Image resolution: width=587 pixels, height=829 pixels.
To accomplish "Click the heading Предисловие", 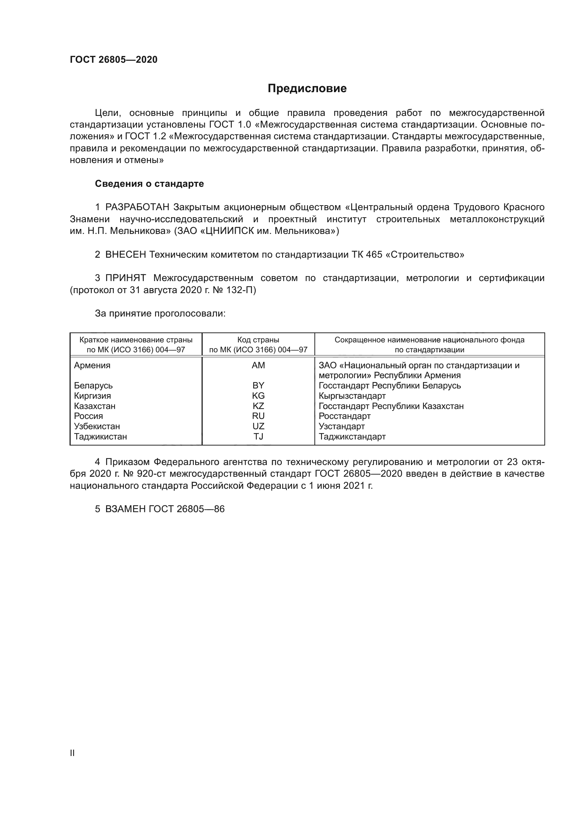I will pyautogui.click(x=307, y=89).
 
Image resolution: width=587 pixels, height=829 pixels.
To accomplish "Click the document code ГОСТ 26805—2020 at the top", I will pyautogui.click(x=114, y=60).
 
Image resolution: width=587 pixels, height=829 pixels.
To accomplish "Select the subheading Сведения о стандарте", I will pyautogui.click(x=149, y=184).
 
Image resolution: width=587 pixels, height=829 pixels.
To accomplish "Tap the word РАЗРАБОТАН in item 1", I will pyautogui.click(x=137, y=207).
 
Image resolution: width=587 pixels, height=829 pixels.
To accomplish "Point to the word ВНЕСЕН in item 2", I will pyautogui.click(x=125, y=254).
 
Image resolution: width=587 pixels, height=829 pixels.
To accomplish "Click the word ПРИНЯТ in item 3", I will pyautogui.click(x=125, y=278).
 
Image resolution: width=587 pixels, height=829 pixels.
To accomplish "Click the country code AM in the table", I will pyautogui.click(x=258, y=365).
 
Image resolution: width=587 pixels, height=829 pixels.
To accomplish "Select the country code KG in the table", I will pyautogui.click(x=258, y=396).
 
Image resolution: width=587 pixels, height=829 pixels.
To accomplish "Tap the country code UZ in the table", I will pyautogui.click(x=258, y=426).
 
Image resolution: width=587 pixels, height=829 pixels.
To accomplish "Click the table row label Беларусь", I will pyautogui.click(x=93, y=386).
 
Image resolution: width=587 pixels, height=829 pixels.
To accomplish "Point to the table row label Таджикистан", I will pyautogui.click(x=100, y=437).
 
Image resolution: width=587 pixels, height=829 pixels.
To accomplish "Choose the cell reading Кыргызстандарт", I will pyautogui.click(x=352, y=396).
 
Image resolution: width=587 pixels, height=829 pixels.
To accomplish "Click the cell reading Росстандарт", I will pyautogui.click(x=345, y=416).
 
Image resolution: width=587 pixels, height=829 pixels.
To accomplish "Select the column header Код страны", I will pyautogui.click(x=258, y=340).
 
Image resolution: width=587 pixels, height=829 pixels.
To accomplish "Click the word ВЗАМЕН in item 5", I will pyautogui.click(x=125, y=509).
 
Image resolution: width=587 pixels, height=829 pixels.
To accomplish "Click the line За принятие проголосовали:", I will pyautogui.click(x=160, y=313).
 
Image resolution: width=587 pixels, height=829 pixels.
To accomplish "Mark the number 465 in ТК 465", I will pyautogui.click(x=374, y=254).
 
